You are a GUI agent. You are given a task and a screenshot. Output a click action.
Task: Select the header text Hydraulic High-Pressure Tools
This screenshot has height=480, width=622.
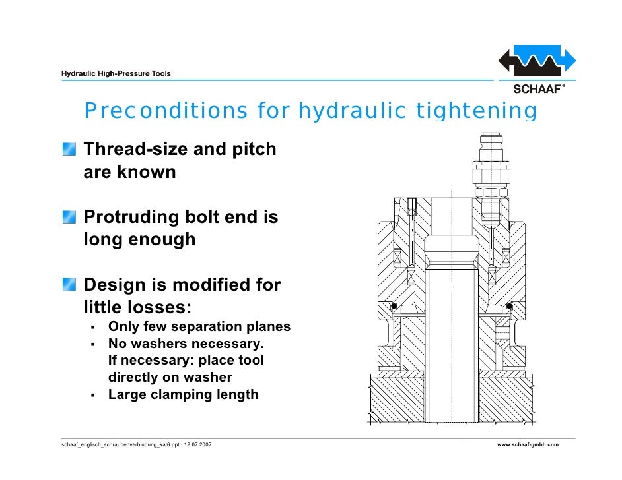(116, 73)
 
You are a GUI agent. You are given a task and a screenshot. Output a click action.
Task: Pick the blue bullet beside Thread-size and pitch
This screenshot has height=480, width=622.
(69, 150)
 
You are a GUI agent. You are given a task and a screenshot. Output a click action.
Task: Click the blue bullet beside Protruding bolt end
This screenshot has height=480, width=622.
(69, 218)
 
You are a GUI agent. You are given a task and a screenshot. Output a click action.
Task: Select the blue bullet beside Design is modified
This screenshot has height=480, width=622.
(69, 285)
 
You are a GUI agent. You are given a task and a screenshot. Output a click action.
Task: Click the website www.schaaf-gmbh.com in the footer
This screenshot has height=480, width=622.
(528, 445)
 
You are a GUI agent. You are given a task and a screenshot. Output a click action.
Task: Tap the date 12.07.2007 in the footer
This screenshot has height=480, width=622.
(196, 445)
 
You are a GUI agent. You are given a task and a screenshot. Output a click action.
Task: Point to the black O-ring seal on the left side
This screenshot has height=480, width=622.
(393, 306)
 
